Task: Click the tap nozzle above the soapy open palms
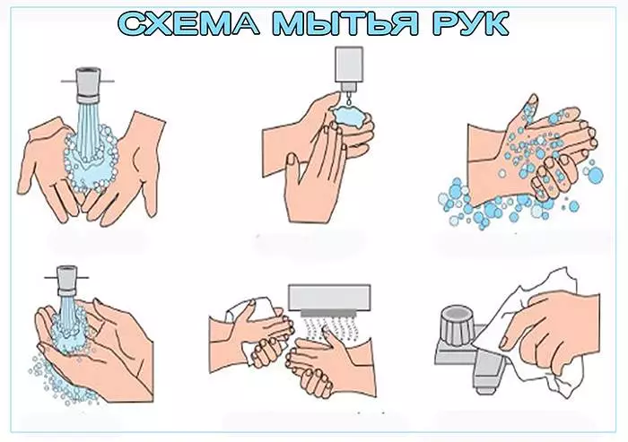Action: (x=88, y=85)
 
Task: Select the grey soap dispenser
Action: (x=349, y=68)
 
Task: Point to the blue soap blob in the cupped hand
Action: (x=350, y=117)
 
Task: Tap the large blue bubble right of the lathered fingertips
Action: (x=596, y=176)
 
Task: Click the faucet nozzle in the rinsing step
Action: (x=66, y=281)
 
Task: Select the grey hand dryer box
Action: (x=329, y=297)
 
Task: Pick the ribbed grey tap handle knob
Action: (x=456, y=324)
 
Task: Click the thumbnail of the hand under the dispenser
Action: (x=292, y=160)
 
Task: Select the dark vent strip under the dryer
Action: (x=329, y=313)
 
